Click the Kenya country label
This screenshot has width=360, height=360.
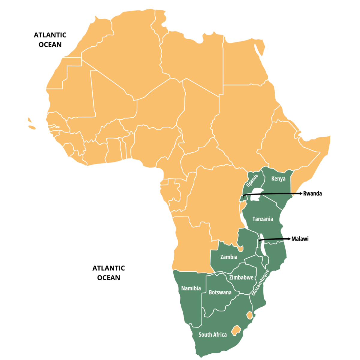(278, 179)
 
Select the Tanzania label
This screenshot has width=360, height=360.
(263, 219)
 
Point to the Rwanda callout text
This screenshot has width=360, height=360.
(312, 193)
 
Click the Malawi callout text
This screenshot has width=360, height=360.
(300, 239)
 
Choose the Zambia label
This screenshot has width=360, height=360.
(229, 257)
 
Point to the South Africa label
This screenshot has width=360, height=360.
(213, 334)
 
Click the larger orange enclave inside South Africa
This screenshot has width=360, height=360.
(237, 330)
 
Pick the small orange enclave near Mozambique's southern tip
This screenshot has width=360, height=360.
(249, 315)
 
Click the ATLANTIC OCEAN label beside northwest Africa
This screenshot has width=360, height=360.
(50, 40)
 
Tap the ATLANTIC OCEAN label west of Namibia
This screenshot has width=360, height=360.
(109, 273)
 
